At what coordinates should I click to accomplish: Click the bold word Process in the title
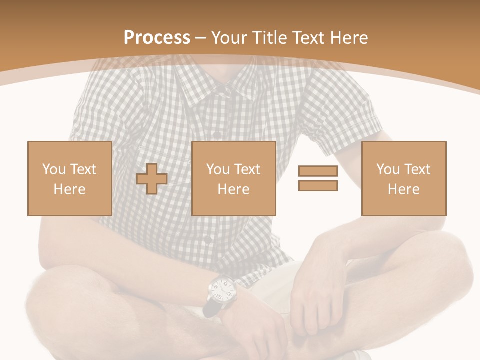pyautogui.click(x=157, y=37)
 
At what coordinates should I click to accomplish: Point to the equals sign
pyautogui.click(x=318, y=178)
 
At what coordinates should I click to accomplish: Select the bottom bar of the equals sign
pyautogui.click(x=318, y=185)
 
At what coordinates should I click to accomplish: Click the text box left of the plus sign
pyautogui.click(x=69, y=178)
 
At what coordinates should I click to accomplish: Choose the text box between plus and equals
pyautogui.click(x=233, y=178)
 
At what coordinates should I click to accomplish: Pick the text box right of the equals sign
pyautogui.click(x=403, y=178)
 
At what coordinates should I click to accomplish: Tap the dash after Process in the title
pyautogui.click(x=200, y=38)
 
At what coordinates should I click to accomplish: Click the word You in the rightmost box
pyautogui.click(x=387, y=169)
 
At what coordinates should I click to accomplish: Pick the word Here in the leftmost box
pyautogui.click(x=69, y=189)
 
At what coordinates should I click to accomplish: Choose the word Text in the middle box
pyautogui.click(x=247, y=169)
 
